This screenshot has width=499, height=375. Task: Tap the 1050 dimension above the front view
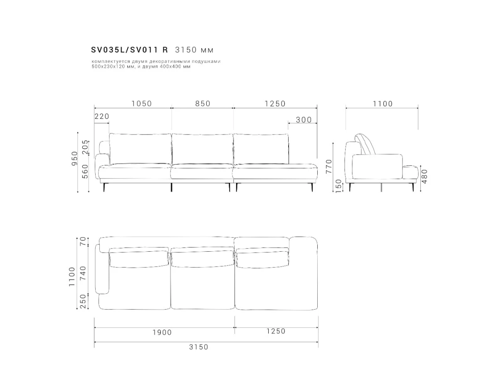pos(142,104)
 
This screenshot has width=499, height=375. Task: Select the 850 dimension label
pos(203,104)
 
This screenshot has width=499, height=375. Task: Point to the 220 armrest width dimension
pos(101,116)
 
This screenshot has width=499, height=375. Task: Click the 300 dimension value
pos(304,120)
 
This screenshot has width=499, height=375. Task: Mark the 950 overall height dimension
pos(74,158)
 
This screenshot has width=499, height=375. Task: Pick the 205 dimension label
pos(85,147)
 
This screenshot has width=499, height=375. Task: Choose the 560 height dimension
pos(85,171)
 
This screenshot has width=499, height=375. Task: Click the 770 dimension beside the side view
pos(329,167)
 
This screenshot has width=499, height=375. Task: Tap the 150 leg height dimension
pos(338,186)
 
